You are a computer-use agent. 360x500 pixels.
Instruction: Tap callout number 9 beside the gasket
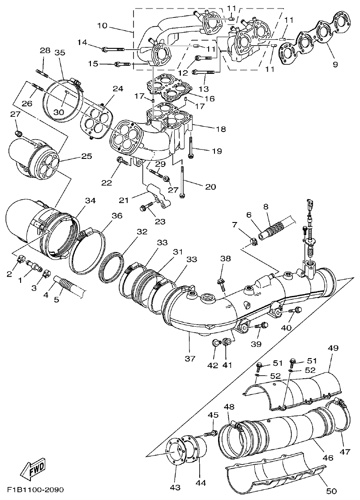click(335, 64)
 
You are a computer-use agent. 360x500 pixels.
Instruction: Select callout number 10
click(102, 26)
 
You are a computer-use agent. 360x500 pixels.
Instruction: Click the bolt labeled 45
click(210, 433)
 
